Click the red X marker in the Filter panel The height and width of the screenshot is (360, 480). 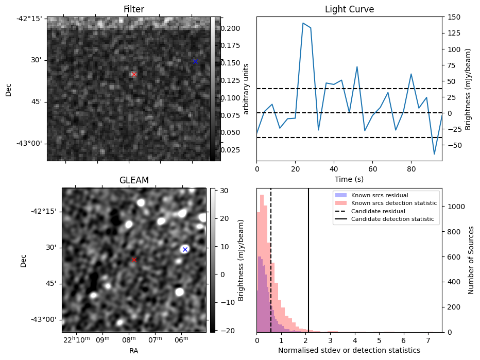(134, 74)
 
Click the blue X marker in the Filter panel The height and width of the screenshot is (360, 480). (195, 62)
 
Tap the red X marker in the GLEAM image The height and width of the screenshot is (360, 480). (134, 260)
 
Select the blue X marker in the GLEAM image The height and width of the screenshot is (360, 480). (185, 249)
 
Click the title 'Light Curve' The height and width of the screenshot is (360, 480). (349, 10)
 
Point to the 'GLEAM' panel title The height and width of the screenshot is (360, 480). (134, 180)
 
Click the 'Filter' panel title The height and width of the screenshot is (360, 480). (134, 10)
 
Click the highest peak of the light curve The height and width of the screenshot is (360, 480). (303, 23)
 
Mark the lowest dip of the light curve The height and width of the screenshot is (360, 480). (434, 154)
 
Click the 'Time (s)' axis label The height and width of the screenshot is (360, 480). (349, 178)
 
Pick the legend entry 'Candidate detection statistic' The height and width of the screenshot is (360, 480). (392, 219)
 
